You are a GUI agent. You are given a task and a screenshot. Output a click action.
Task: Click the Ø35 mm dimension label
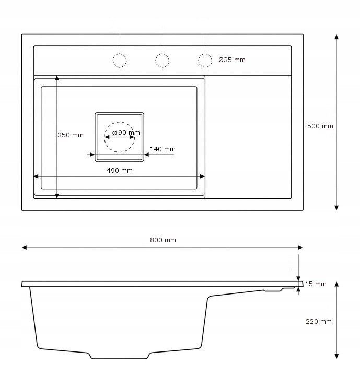pos(232,60)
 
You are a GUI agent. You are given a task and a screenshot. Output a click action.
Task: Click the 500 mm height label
pos(320,126)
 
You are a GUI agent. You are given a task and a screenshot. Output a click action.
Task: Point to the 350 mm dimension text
pos(71,135)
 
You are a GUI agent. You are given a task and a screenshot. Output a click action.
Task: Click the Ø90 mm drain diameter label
pos(126,132)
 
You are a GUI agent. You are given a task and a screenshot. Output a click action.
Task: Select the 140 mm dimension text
pos(162,149)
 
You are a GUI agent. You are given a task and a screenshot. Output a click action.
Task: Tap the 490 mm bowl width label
pos(120,170)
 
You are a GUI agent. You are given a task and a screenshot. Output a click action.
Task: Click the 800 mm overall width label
pos(163,240)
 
